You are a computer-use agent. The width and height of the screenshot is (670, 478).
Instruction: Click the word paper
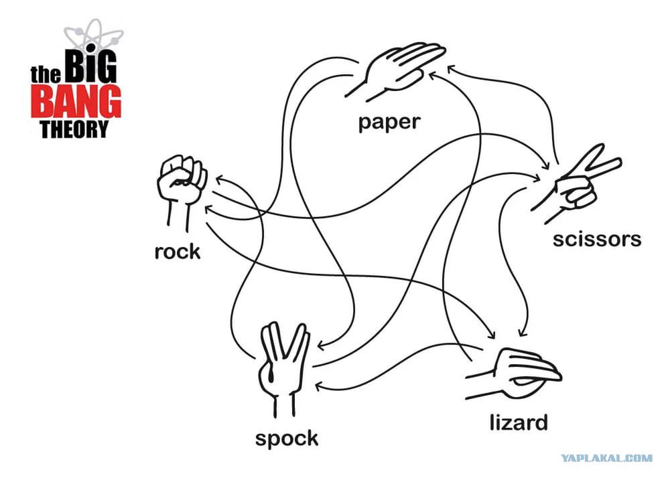point(389,123)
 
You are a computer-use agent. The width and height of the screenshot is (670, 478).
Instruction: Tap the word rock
point(178,251)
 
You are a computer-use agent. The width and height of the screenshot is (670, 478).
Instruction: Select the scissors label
point(597,239)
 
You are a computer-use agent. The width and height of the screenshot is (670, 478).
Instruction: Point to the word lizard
point(519,422)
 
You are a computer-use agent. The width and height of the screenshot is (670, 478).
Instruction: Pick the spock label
point(287,439)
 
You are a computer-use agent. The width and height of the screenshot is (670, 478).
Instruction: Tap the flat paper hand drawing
point(395,70)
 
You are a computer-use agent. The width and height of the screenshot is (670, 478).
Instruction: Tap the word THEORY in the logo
point(74,129)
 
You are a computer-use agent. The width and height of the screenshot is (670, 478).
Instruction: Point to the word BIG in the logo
point(90,66)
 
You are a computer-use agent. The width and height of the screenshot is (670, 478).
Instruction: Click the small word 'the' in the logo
point(46,75)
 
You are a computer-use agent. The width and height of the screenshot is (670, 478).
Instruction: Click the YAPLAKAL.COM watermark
point(607,459)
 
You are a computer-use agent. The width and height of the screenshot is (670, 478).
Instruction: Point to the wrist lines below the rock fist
point(178,217)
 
